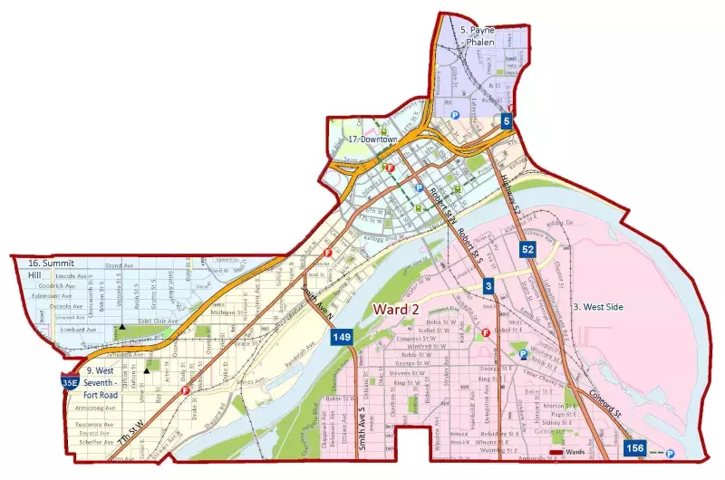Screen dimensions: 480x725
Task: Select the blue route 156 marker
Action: pos(634,447)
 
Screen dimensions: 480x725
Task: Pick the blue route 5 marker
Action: pos(507,120)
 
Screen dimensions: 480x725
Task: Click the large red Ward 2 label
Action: pos(396,310)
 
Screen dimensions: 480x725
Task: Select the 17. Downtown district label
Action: pos(374,139)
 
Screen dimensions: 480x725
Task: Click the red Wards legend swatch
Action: pos(556,450)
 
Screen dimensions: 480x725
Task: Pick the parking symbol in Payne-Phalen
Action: pos(456,115)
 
